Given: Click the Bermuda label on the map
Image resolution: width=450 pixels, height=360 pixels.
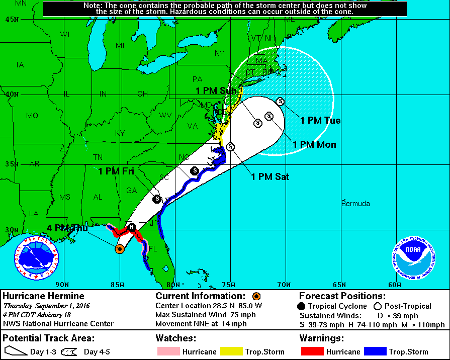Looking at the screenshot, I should point(355,204).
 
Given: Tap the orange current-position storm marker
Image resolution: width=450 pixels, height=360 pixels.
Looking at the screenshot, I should point(120,248).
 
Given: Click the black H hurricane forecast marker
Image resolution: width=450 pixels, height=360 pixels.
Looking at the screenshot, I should point(132,227).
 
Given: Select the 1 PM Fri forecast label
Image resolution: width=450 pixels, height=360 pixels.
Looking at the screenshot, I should point(116,171).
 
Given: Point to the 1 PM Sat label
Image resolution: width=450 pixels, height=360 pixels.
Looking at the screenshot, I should point(270,176).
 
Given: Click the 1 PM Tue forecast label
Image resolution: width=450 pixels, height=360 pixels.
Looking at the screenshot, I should point(320,121).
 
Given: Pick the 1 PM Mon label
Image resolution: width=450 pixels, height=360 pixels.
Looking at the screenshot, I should point(314,144).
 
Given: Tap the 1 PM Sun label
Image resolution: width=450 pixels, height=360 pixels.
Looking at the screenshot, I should point(216,91).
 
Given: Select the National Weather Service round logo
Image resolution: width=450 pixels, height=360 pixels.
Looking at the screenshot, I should point(36,258).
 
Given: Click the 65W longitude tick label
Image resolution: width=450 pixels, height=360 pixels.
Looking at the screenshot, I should point(340,285).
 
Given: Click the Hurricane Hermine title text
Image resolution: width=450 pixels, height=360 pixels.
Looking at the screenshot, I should point(44,296).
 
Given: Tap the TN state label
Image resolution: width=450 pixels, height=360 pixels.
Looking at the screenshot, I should point(98,157).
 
